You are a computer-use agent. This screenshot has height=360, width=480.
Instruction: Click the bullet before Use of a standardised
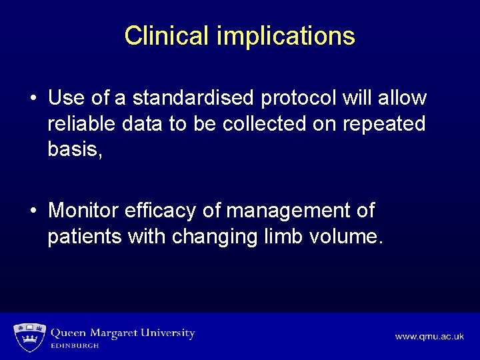[x=33, y=99]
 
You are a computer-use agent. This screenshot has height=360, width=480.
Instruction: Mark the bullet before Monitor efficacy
[x=33, y=211]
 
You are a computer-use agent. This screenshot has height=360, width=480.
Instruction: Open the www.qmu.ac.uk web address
[x=429, y=337]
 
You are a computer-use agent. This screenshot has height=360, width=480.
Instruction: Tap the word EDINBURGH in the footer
[x=75, y=346]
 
